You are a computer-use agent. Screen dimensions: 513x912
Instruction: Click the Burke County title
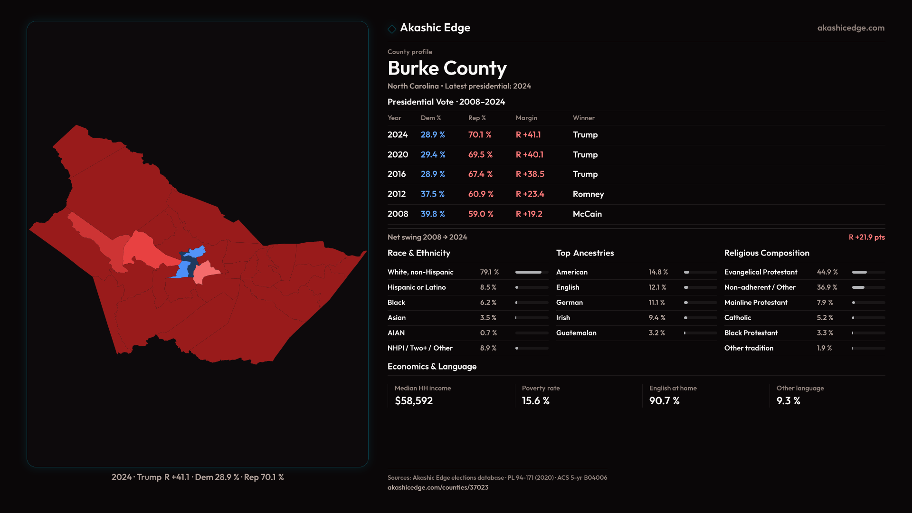click(447, 68)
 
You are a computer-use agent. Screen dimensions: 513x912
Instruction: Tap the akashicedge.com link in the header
click(851, 28)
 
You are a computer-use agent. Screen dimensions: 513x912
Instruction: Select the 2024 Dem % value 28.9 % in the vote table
click(433, 135)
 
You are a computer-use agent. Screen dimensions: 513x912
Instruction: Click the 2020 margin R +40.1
click(530, 155)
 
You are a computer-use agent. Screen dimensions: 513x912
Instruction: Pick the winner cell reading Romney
click(588, 194)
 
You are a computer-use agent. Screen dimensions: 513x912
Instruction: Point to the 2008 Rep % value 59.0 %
click(481, 214)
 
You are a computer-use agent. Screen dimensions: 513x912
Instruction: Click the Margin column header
click(526, 118)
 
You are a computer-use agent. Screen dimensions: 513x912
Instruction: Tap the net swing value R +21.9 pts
click(866, 237)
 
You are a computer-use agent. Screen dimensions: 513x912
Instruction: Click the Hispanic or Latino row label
click(417, 287)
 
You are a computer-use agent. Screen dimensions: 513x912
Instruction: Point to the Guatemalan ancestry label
click(576, 333)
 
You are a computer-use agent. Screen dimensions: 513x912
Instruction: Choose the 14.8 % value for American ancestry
click(658, 272)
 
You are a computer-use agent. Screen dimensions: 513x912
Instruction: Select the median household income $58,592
click(414, 401)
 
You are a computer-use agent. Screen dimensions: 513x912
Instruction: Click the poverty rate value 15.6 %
click(536, 401)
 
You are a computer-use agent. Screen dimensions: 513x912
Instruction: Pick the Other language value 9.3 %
click(788, 401)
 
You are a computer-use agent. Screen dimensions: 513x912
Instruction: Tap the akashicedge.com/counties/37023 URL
click(438, 487)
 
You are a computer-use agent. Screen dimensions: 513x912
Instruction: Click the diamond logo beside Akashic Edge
click(392, 29)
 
